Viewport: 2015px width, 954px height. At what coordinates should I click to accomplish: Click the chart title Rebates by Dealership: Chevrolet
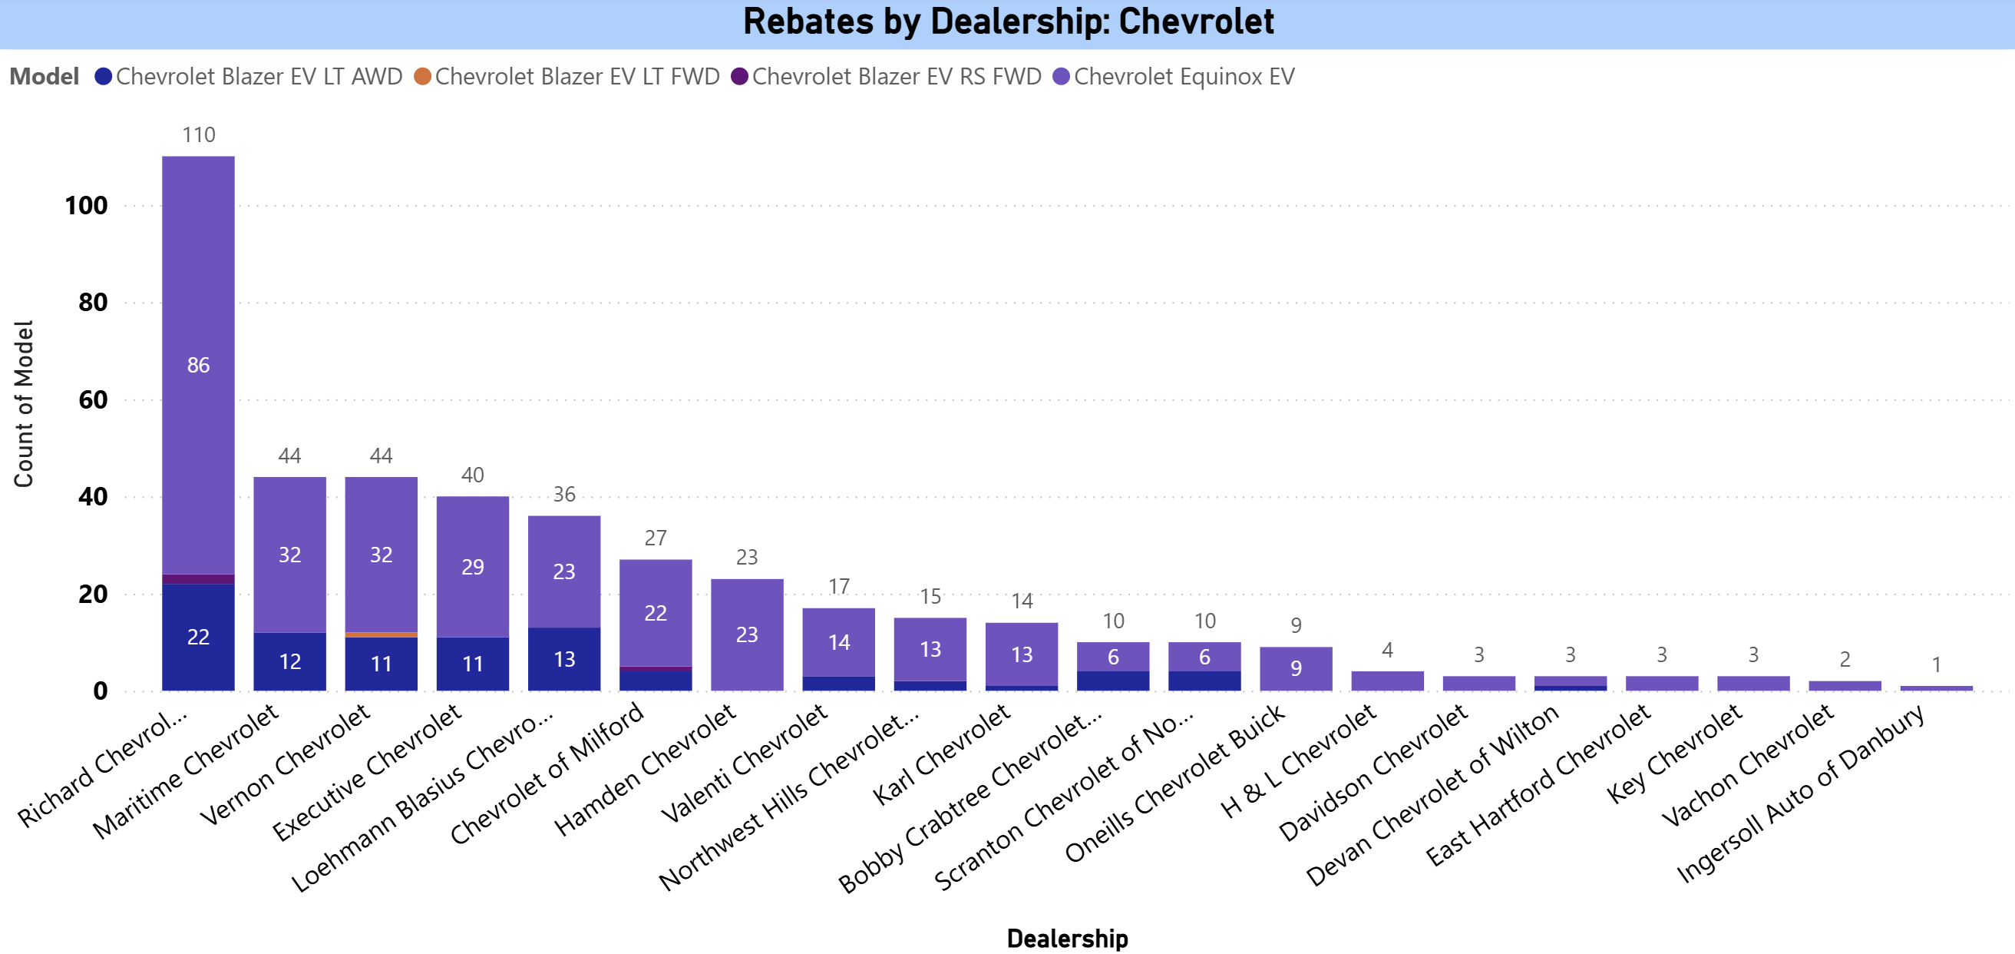pyautogui.click(x=1007, y=22)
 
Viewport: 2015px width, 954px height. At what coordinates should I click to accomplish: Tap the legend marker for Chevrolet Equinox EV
pyautogui.click(x=1061, y=77)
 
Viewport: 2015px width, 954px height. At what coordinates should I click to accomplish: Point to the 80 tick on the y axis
pyautogui.click(x=92, y=302)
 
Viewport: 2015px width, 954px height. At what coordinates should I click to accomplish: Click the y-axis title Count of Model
pyautogui.click(x=24, y=403)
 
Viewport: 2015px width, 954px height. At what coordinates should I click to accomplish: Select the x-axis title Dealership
pyautogui.click(x=1066, y=938)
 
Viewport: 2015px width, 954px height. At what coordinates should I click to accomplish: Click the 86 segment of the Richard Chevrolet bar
pyautogui.click(x=198, y=365)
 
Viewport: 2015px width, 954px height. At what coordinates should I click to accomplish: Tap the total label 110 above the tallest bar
pyautogui.click(x=198, y=134)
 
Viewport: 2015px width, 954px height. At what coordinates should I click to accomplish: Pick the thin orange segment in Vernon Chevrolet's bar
pyautogui.click(x=381, y=634)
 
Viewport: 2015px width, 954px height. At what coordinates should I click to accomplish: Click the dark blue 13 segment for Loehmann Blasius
pyautogui.click(x=564, y=659)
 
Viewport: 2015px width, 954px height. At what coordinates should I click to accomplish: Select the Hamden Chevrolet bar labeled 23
pyautogui.click(x=747, y=634)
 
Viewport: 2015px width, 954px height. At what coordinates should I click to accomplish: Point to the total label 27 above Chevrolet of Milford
pyautogui.click(x=656, y=538)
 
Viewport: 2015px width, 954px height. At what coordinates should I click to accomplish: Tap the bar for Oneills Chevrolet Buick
pyautogui.click(x=1296, y=668)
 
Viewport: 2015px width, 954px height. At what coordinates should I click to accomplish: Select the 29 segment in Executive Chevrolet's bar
pyautogui.click(x=472, y=567)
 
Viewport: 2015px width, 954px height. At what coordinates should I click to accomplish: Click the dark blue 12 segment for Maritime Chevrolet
pyautogui.click(x=289, y=661)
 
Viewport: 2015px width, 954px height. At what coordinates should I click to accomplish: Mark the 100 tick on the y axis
pyautogui.click(x=86, y=206)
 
